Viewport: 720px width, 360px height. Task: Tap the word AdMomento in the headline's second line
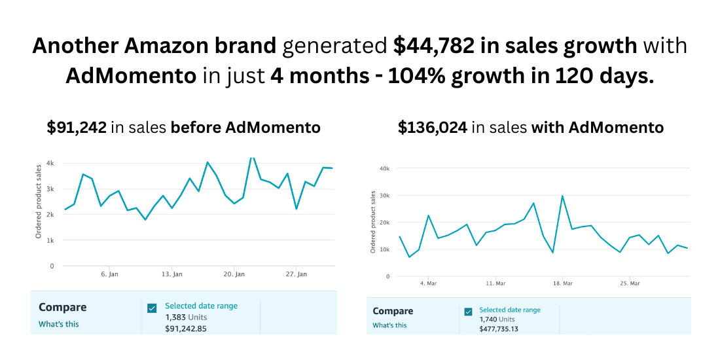tap(131, 76)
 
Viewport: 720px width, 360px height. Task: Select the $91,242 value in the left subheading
tap(77, 128)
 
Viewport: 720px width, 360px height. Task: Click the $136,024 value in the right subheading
tap(433, 128)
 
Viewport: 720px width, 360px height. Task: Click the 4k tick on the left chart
tap(50, 163)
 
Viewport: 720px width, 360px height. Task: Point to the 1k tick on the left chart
tap(50, 240)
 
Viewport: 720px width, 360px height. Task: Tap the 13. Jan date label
tap(171, 274)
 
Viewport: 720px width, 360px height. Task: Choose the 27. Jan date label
tap(297, 274)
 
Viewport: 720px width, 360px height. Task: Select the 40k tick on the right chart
tap(385, 168)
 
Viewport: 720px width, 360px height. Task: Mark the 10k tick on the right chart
tap(385, 249)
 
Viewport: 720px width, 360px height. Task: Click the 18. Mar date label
tap(563, 283)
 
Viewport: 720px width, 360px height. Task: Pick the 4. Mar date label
tap(428, 283)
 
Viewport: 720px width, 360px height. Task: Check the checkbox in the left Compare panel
tap(152, 308)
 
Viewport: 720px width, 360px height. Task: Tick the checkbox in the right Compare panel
tap(468, 312)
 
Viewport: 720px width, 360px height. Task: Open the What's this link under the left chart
tap(59, 323)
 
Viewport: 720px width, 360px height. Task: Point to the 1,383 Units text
tap(185, 317)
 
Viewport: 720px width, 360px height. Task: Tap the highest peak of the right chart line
tap(562, 196)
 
